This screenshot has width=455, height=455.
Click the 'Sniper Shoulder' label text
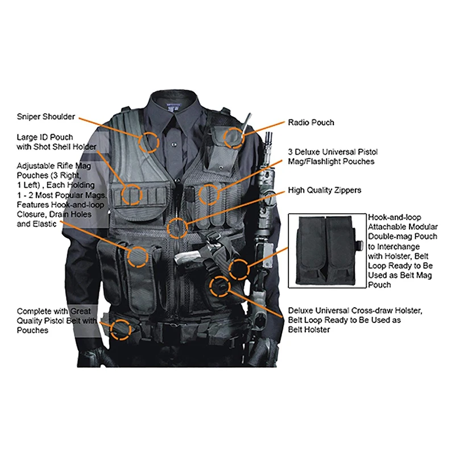click(x=45, y=117)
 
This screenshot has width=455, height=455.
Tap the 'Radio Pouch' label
click(x=311, y=122)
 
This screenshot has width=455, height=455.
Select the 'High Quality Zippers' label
click(x=324, y=190)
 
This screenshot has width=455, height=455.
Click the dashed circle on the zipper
click(x=177, y=228)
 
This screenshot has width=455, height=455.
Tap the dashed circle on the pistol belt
click(x=120, y=329)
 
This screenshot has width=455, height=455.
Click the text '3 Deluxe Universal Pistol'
click(x=333, y=152)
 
